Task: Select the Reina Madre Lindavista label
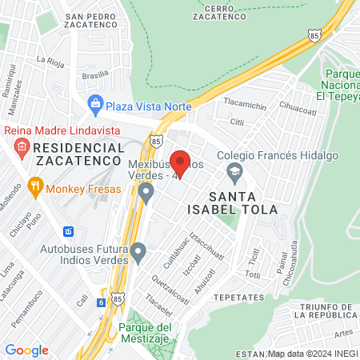(x=62, y=130)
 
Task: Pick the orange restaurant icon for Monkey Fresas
(x=34, y=189)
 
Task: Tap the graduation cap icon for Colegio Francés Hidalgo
(x=234, y=170)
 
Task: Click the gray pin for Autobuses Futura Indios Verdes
(x=138, y=254)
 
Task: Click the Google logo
(x=26, y=350)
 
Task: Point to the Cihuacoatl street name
(x=298, y=105)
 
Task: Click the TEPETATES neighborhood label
(x=239, y=297)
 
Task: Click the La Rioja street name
(x=51, y=59)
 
